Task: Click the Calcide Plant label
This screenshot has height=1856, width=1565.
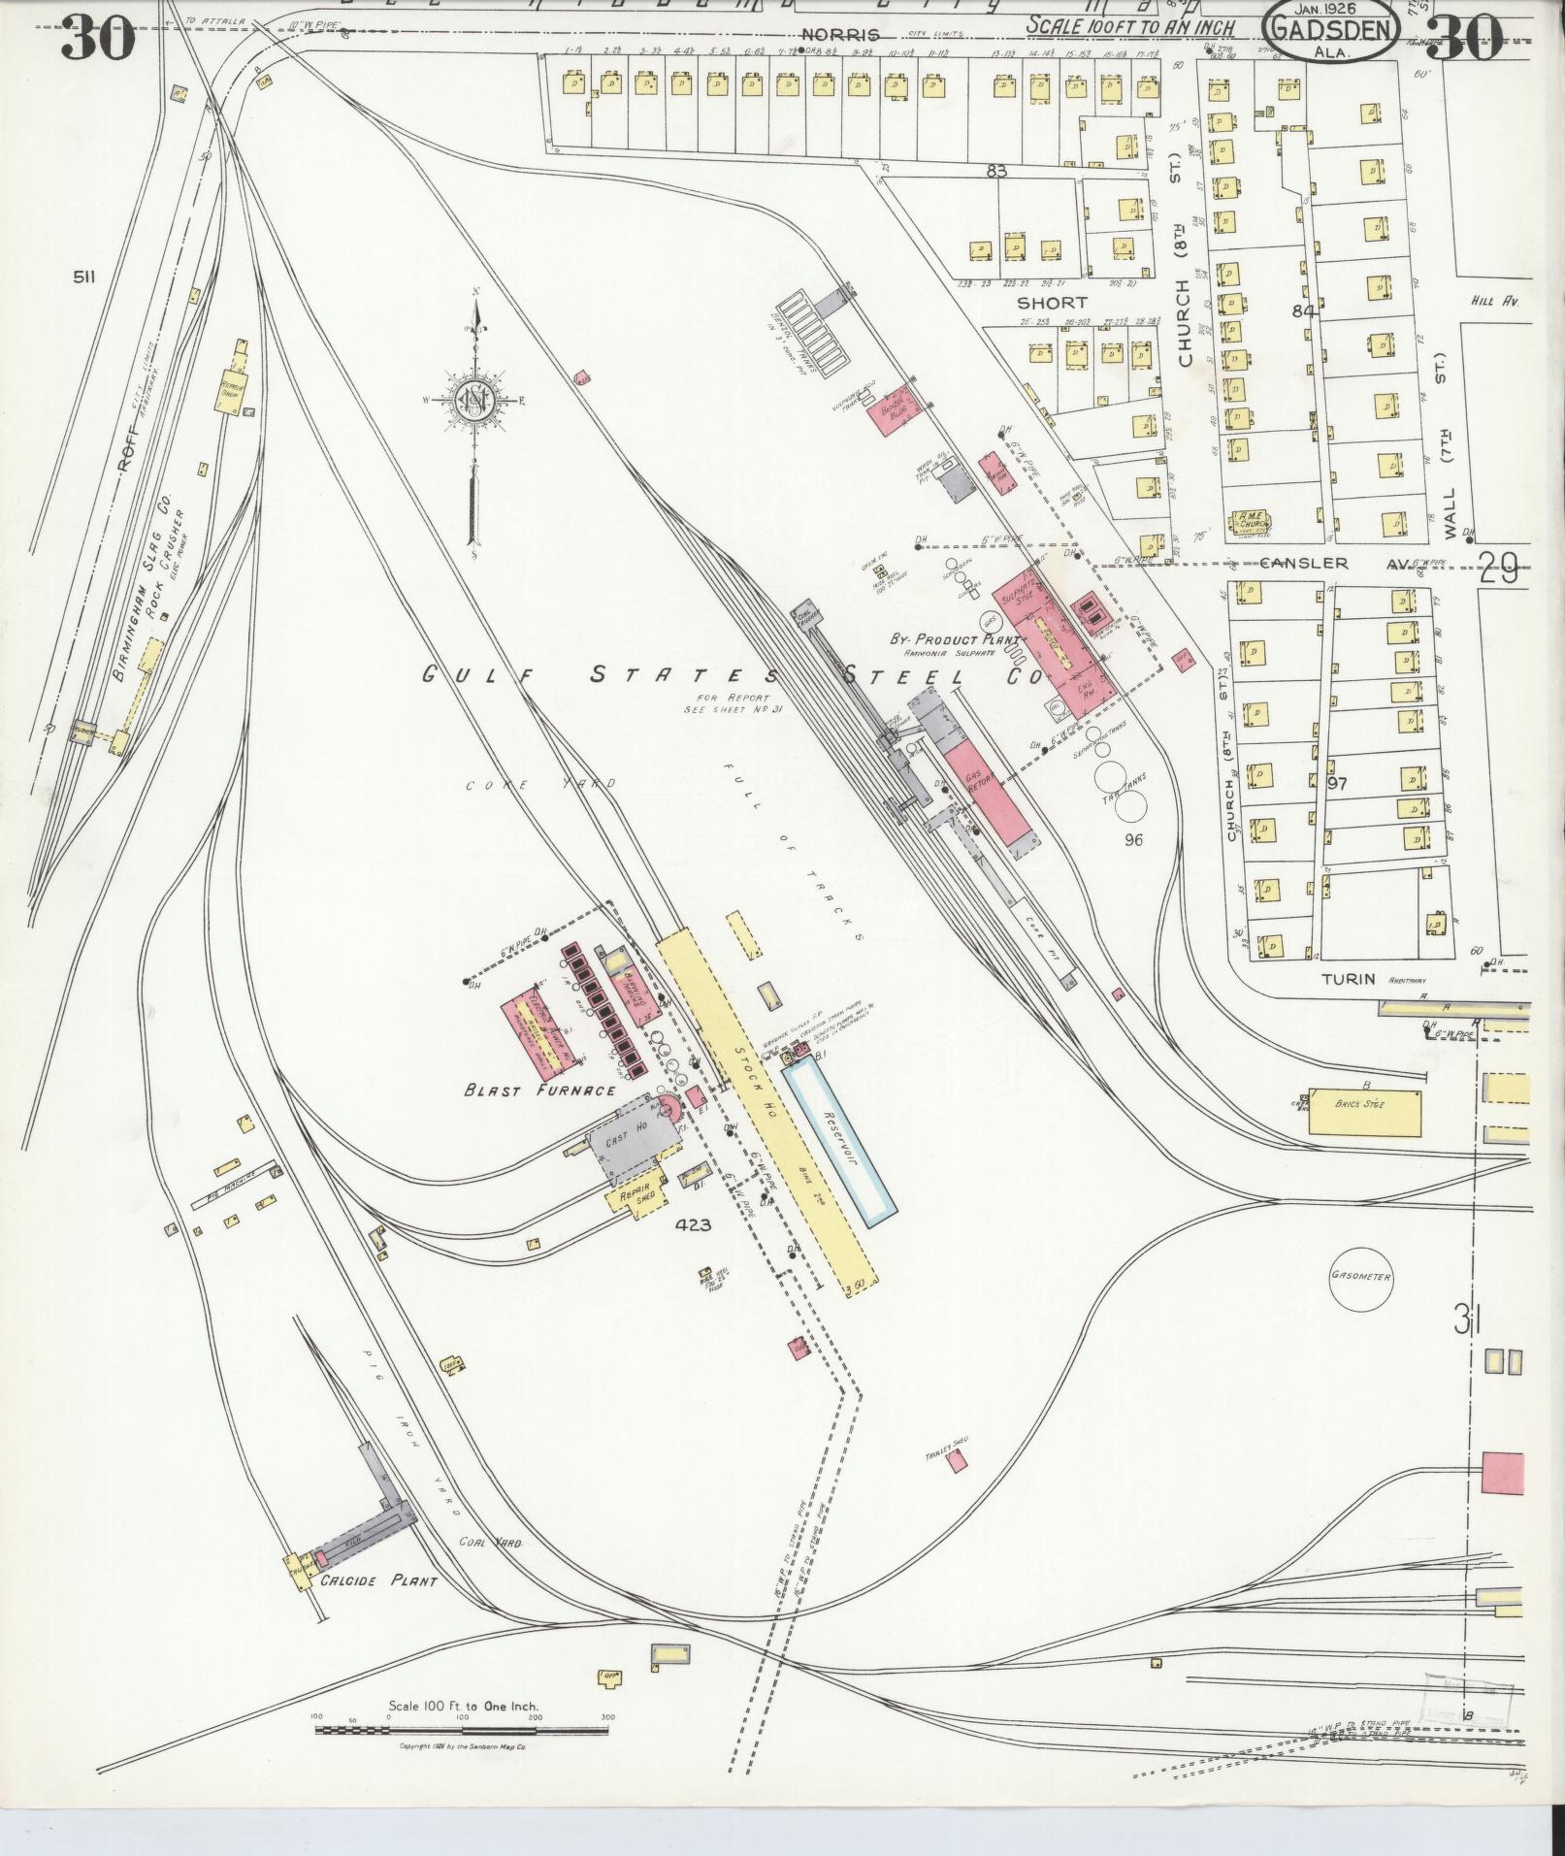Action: point(379,1580)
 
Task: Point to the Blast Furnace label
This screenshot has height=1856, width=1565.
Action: point(540,1090)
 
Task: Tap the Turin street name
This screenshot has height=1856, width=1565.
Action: point(1348,978)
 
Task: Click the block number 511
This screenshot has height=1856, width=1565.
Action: point(83,277)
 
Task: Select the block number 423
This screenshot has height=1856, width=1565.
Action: point(694,1225)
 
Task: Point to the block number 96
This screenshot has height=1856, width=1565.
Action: point(1132,840)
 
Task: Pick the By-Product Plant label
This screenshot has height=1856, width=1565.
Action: point(956,640)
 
